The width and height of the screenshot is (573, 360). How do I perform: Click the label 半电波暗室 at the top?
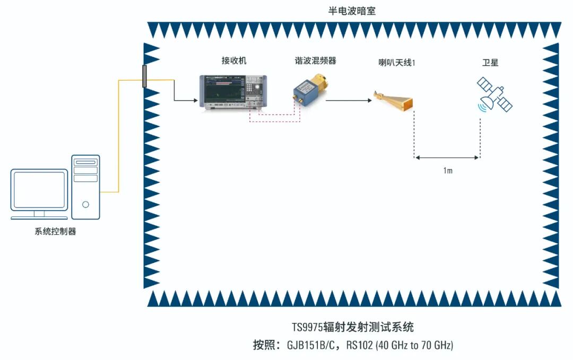352,11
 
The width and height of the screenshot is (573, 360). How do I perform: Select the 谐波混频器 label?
316,60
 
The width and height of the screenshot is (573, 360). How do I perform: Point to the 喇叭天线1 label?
394,63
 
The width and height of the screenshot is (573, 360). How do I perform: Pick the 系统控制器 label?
53,231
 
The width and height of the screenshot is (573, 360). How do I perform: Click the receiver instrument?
232,92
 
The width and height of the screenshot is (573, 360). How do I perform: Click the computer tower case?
85,187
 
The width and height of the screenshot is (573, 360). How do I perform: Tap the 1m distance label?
447,171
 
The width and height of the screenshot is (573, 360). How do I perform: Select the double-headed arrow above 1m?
447,157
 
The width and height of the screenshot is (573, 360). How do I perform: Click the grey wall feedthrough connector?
144,76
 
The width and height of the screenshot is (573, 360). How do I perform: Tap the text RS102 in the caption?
359,346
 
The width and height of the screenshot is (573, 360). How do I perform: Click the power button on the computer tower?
85,204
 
